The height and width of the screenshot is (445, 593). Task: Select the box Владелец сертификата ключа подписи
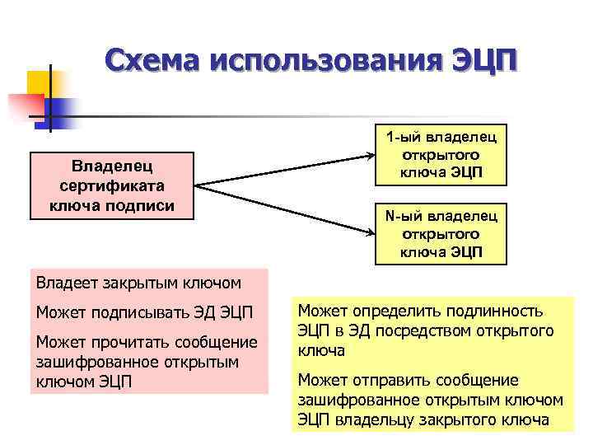[x=111, y=185]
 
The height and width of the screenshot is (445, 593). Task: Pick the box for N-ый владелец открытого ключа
[x=441, y=233]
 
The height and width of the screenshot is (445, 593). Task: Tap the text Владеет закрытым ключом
[x=138, y=283]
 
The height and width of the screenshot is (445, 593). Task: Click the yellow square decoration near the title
[x=36, y=83]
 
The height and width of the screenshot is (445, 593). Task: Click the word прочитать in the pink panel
[x=128, y=343]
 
